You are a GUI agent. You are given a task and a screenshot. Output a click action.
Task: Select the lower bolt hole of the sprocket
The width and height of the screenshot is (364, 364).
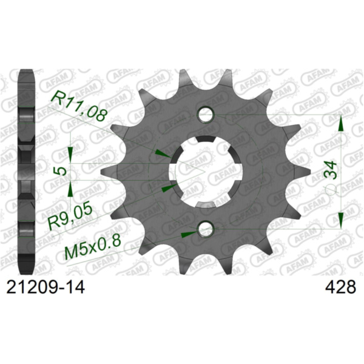[x=206, y=229]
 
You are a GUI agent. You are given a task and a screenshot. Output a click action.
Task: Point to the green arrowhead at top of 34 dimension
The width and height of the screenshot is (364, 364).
[x=342, y=124]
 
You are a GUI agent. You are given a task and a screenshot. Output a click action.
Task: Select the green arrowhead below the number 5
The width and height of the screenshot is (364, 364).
[x=71, y=190]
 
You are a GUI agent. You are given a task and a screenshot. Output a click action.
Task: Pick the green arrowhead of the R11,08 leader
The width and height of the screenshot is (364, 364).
[x=161, y=153]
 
